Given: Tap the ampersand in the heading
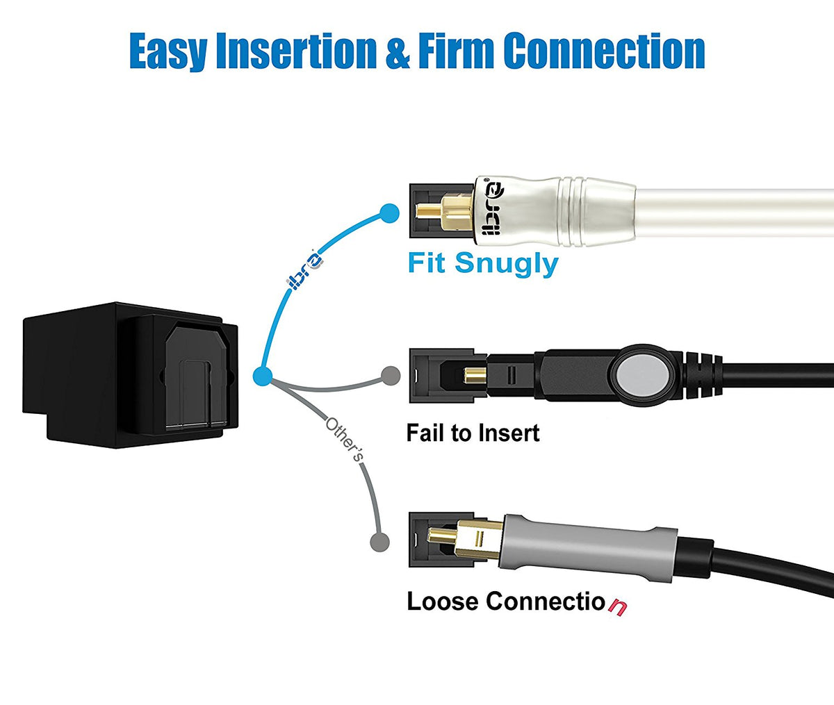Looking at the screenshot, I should pos(397,51).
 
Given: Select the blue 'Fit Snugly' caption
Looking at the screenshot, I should pos(482,264).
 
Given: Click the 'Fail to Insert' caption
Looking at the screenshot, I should pos(473,433).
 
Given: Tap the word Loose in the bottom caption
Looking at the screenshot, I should pos(443,601).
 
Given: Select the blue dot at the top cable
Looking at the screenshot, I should pos(390,213).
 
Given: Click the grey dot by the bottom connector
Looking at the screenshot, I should pos(378,541).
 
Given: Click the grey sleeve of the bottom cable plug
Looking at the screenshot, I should pos(591,549).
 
